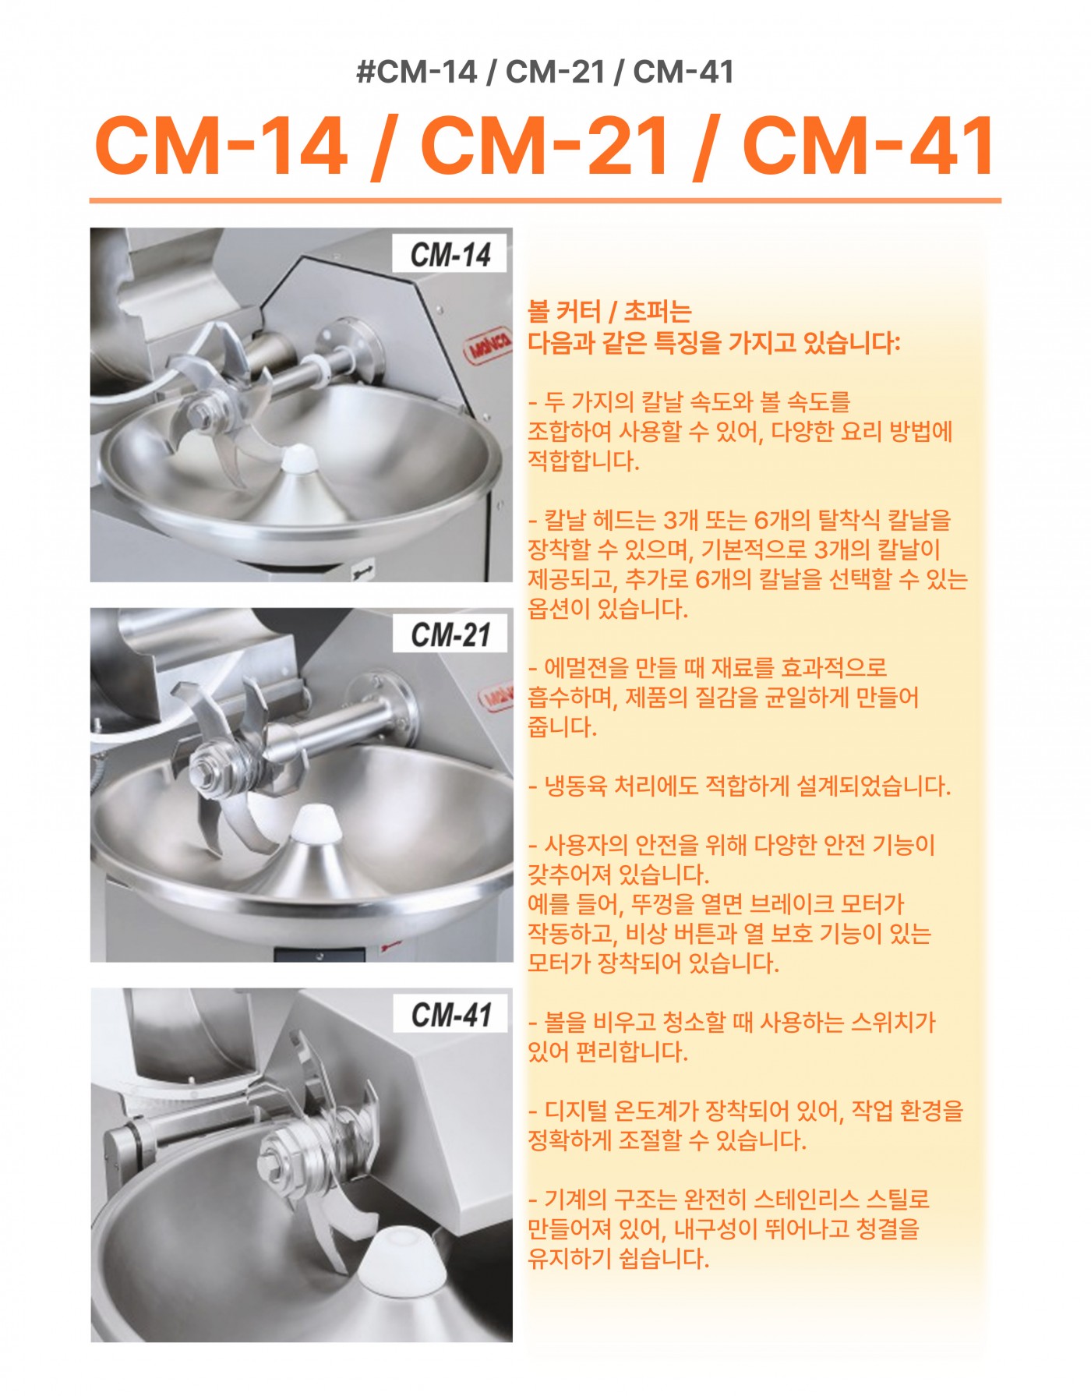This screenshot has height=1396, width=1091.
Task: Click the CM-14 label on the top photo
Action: tap(451, 254)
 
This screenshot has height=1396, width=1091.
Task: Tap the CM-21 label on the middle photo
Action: tap(451, 634)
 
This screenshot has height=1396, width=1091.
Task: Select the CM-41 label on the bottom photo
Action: tap(451, 1015)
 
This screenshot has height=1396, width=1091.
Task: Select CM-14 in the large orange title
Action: tap(221, 145)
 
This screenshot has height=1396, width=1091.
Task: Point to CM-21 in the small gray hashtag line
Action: tap(555, 72)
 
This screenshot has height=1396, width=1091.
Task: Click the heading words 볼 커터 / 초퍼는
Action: tap(610, 312)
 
